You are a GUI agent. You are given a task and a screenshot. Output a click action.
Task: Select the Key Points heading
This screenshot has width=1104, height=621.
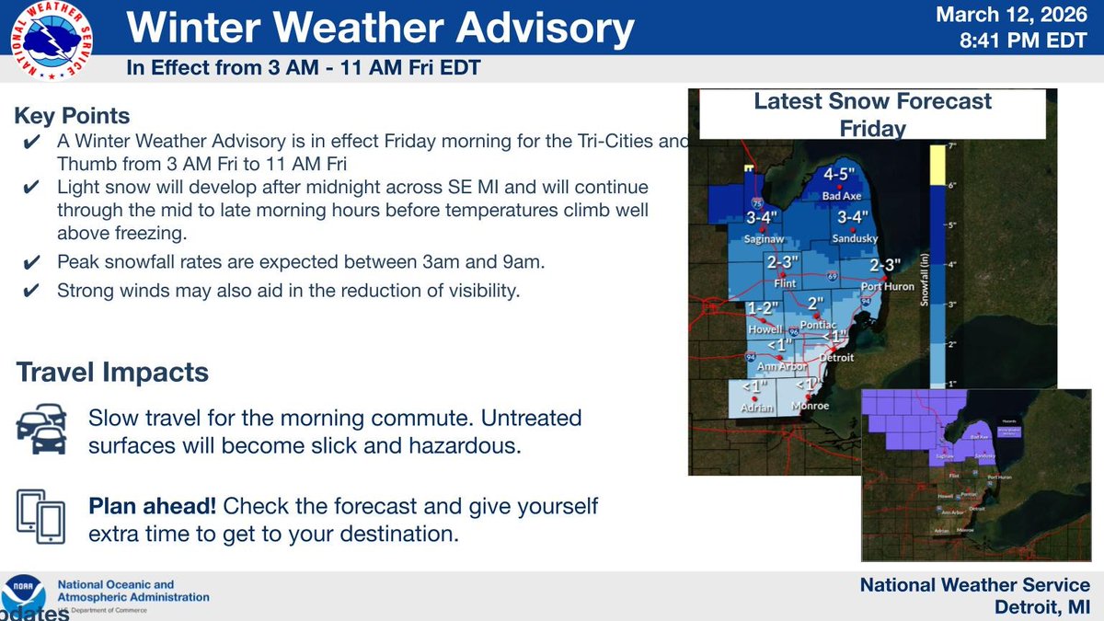(72, 117)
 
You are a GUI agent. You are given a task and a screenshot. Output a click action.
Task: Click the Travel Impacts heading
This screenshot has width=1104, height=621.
(112, 373)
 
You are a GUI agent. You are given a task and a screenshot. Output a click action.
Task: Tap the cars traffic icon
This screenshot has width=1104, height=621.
(41, 430)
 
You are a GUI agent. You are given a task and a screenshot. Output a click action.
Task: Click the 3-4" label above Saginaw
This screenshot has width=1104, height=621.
(763, 218)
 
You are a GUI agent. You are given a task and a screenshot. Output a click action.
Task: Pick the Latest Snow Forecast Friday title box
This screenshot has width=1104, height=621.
(872, 113)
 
